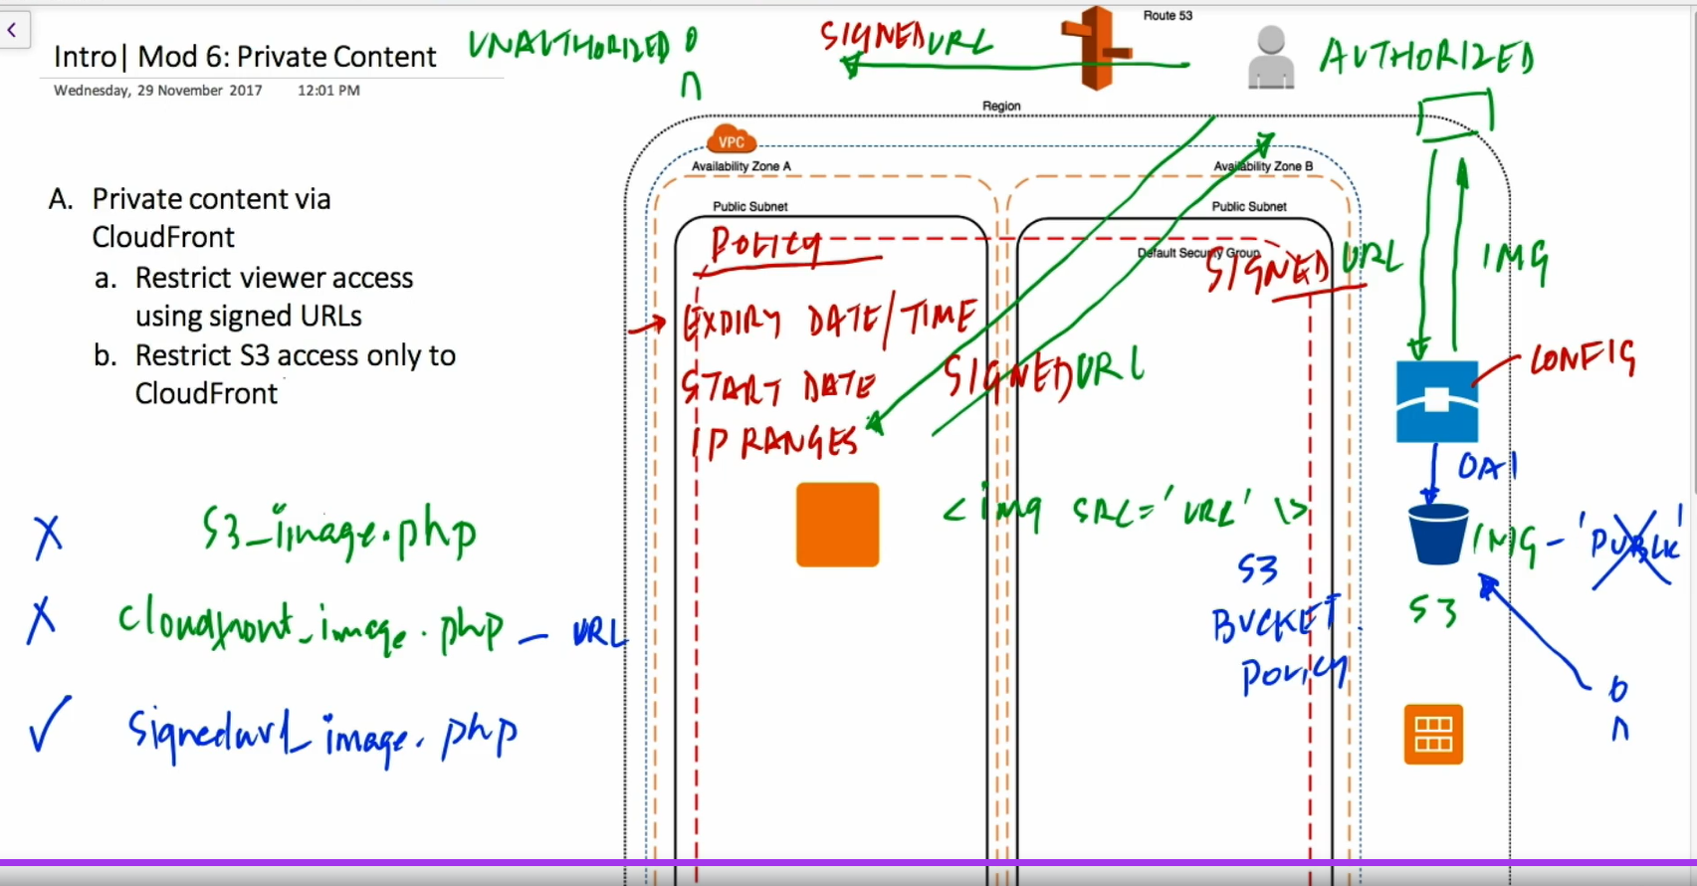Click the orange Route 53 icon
coord(1096,48)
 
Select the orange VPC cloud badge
coord(732,140)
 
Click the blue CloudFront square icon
coord(1436,401)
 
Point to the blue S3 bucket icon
coord(1438,534)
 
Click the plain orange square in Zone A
coord(837,525)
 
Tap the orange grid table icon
coord(1433,735)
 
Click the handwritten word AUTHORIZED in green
coord(1425,58)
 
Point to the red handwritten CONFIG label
coord(1583,358)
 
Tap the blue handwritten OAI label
coord(1487,466)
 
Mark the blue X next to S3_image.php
coord(48,536)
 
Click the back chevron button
coord(12,30)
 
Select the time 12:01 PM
coord(328,91)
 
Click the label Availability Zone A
coord(742,166)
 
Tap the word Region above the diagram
coord(1001,106)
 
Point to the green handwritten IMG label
coord(1515,261)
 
